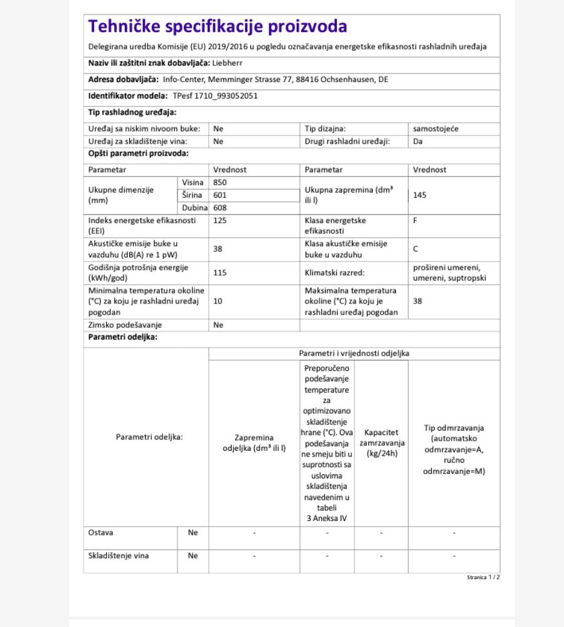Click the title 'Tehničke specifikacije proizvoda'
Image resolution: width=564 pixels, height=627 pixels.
coord(218,27)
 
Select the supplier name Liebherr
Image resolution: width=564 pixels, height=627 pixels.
coord(227,63)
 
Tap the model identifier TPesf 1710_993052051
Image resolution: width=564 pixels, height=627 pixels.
coord(215,96)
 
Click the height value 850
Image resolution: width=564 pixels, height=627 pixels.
coord(220,182)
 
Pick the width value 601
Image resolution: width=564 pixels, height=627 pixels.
coord(220,195)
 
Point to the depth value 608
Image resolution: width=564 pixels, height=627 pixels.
coord(220,208)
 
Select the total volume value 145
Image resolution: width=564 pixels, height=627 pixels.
coord(420,195)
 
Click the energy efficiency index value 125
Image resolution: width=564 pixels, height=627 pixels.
coord(220,221)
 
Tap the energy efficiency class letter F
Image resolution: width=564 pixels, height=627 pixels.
coord(415,221)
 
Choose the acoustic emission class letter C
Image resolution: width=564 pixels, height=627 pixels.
coord(415,249)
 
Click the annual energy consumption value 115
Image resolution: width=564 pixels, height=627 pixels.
coord(220,273)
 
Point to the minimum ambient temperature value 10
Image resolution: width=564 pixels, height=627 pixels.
coord(218,301)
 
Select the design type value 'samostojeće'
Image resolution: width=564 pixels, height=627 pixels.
coord(435,129)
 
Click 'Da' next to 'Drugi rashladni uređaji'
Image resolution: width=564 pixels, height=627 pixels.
coord(418,141)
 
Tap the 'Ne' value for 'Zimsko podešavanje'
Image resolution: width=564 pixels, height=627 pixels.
coord(218,325)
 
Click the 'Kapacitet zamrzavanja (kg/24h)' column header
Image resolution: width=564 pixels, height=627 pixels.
coord(381,443)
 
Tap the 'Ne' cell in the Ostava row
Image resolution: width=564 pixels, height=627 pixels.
coord(193,532)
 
